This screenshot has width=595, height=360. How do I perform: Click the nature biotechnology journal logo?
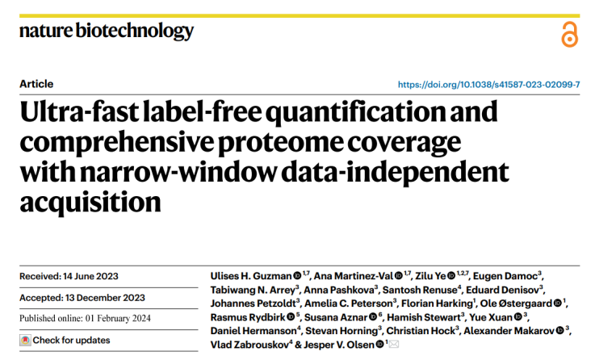tap(107, 31)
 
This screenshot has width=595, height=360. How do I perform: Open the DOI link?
tap(489, 84)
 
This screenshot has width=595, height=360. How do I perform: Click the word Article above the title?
tap(36, 84)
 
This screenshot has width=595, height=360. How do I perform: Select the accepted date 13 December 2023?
tap(108, 297)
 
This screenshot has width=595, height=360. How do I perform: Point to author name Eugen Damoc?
tap(505, 276)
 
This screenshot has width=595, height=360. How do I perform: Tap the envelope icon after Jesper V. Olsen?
tap(394, 345)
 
